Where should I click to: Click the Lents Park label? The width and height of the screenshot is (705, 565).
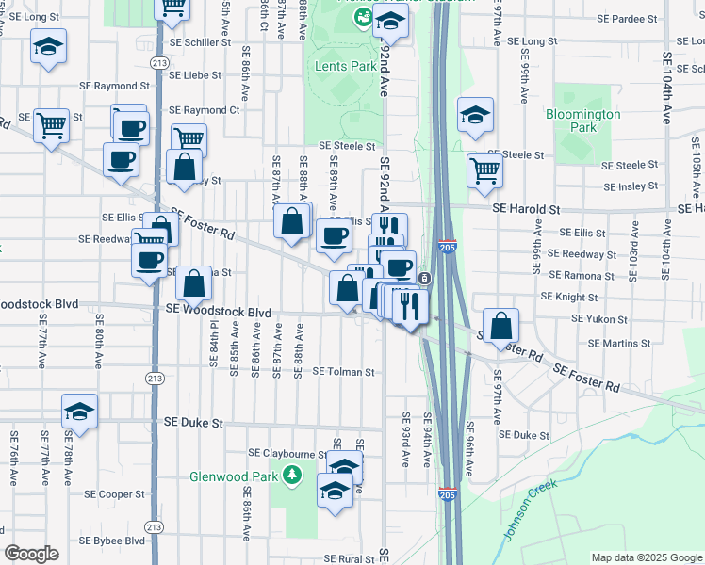pos(346,67)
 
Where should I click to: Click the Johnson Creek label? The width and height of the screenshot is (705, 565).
pos(531,510)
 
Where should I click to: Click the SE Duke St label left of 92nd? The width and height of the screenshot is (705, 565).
pos(193,424)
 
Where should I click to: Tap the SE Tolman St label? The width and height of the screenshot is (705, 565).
pos(343,372)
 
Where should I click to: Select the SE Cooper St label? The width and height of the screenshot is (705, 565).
pos(114,493)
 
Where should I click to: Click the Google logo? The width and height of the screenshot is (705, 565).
pos(31,554)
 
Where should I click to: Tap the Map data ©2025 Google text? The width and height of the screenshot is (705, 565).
pos(646,557)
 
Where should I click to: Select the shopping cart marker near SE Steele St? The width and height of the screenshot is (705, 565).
pos(484,169)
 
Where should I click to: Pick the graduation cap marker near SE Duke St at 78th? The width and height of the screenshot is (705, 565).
pos(80,411)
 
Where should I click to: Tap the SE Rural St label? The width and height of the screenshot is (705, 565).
pos(350,559)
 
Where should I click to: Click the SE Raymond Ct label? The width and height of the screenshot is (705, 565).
pos(205,110)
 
